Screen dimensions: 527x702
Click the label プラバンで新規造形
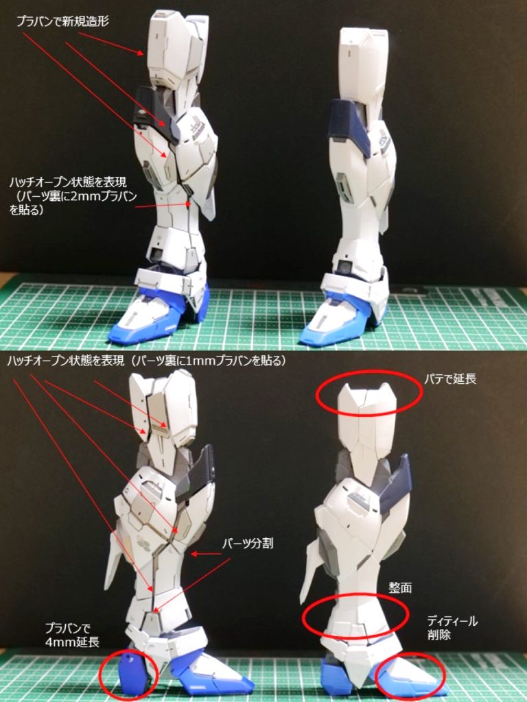tap(62, 21)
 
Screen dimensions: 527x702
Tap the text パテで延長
tap(450, 379)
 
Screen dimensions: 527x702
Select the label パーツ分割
tap(247, 544)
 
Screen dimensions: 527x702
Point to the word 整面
tap(400, 588)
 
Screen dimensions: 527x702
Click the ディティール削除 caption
tap(452, 628)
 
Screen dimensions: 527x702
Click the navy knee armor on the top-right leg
tap(352, 121)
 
